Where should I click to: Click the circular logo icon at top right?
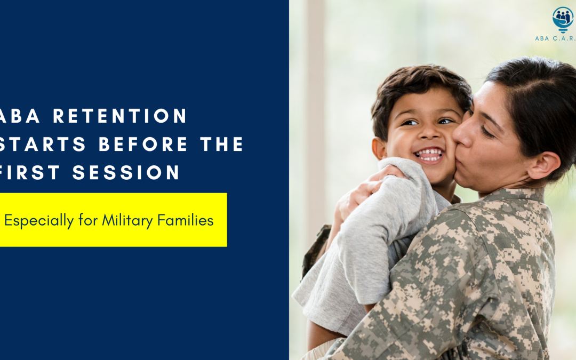(x=563, y=18)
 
